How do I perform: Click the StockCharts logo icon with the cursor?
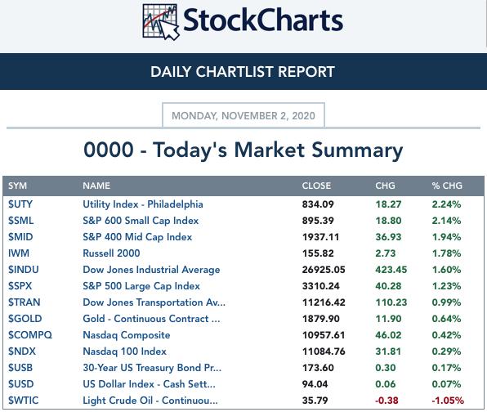161,22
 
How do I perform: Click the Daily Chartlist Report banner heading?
243,72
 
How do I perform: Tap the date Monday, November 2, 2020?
243,116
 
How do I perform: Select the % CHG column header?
447,186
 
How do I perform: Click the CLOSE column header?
316,186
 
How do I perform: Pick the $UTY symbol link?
20,204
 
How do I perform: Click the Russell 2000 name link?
111,253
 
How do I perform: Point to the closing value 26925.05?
324,270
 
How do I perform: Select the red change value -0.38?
386,401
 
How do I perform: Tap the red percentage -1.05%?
448,401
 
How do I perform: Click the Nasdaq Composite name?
127,335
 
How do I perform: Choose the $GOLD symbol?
25,319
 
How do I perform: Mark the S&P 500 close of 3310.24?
321,286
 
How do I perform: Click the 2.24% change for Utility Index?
446,204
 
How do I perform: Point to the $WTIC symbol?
24,401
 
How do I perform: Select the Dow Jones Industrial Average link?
151,270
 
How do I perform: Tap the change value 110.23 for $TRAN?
391,302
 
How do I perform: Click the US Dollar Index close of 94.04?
315,384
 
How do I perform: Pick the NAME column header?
96,186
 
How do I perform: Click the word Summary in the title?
357,150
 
